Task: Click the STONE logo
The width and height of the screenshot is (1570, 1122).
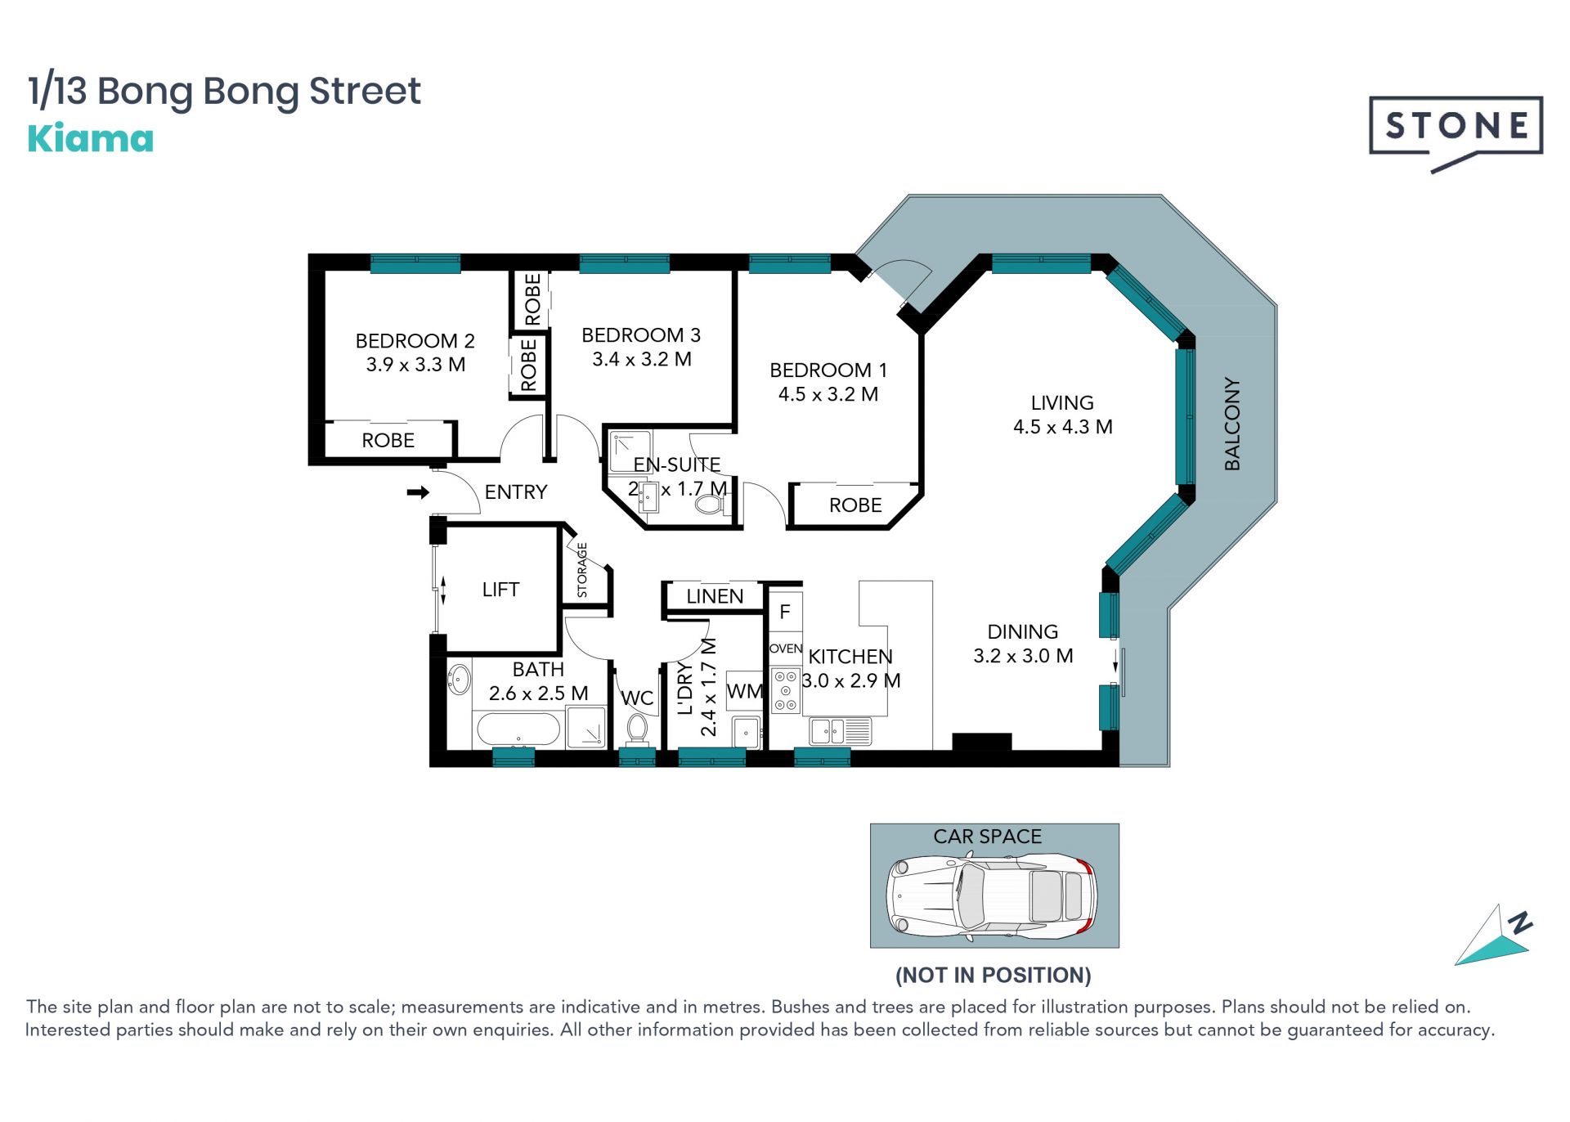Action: click(x=1456, y=131)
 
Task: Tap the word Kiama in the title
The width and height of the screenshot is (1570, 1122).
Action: click(x=91, y=139)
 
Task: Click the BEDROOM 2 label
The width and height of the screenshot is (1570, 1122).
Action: click(x=415, y=340)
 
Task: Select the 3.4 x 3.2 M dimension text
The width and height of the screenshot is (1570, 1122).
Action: click(x=642, y=359)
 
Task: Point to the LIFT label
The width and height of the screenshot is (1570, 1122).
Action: click(x=500, y=589)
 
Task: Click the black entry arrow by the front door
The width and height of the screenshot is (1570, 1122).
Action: click(x=418, y=492)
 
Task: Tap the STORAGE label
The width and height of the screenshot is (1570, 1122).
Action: click(x=582, y=570)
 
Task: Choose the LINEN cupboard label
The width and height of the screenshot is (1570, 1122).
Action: click(x=715, y=596)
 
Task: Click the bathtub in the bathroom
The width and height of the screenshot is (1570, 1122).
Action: click(x=518, y=729)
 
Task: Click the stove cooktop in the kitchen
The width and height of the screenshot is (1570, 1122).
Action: click(x=786, y=690)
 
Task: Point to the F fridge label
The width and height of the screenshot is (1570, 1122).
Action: click(x=785, y=612)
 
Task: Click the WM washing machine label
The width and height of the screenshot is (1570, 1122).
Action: click(x=744, y=691)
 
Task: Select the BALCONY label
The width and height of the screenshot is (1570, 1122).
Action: click(x=1232, y=424)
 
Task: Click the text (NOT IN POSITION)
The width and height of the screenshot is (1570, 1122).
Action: click(x=994, y=975)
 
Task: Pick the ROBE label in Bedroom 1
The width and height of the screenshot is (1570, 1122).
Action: click(x=855, y=505)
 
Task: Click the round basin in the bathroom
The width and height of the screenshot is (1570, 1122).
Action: click(x=459, y=679)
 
